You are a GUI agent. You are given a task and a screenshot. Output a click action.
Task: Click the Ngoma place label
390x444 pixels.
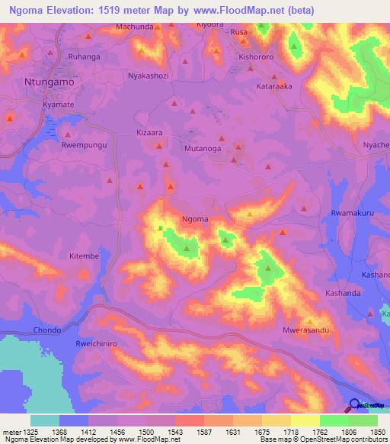tap(195, 219)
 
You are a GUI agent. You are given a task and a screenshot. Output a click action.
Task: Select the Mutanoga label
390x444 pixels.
tap(203, 150)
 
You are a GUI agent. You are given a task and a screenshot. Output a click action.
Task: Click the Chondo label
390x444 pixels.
tap(46, 330)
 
